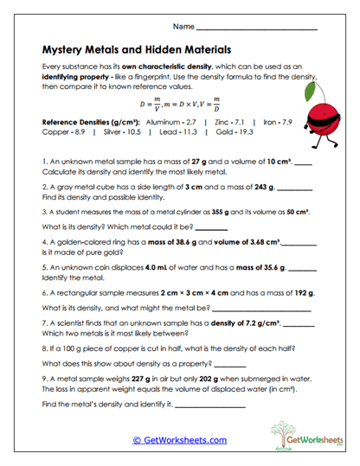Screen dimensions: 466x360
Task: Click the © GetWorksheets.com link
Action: click(x=179, y=440)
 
